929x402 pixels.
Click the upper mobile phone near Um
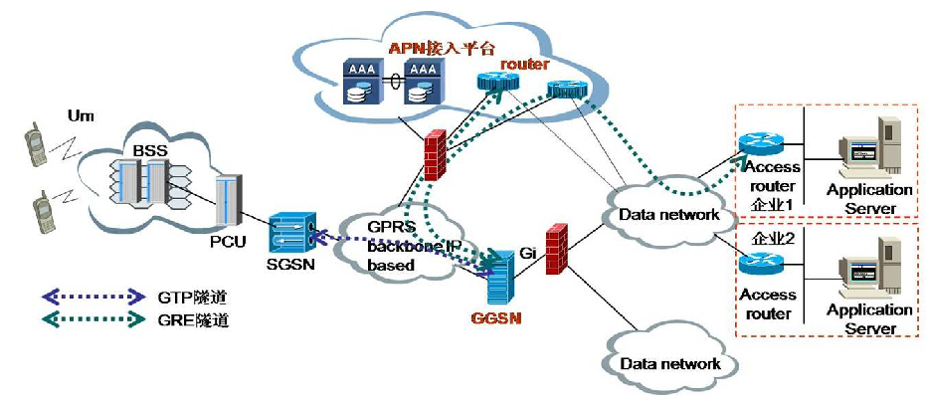(x=36, y=146)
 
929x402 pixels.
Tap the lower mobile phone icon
(x=45, y=212)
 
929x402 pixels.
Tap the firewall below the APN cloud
(x=435, y=154)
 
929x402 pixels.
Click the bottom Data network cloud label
(x=669, y=363)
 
